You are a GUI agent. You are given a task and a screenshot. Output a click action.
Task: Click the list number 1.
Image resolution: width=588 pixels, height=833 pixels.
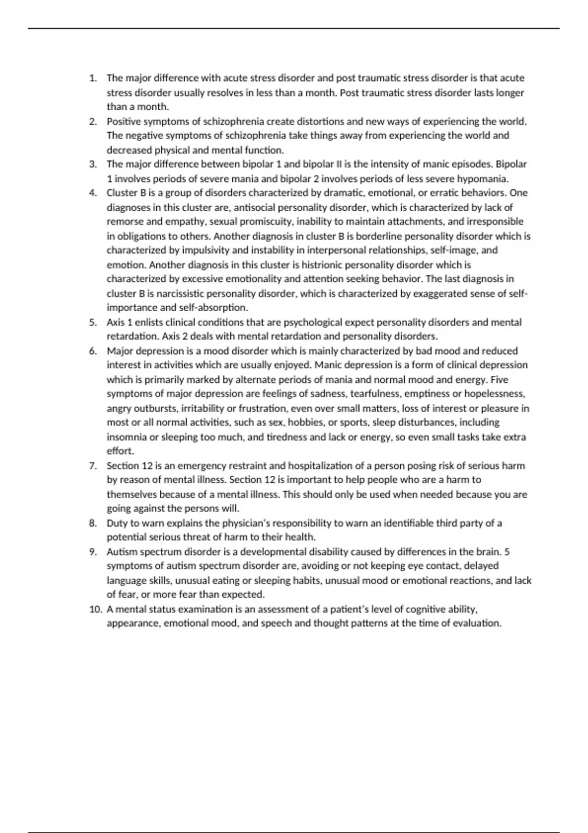[93, 78]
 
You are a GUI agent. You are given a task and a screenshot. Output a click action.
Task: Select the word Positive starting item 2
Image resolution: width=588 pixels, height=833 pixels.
[123, 122]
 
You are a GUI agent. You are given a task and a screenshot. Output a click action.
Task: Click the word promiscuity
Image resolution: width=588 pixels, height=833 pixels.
[265, 221]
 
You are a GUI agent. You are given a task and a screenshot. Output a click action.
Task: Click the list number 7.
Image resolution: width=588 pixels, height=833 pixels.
[93, 466]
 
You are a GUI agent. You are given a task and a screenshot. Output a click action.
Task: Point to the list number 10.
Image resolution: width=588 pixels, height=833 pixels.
[95, 610]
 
